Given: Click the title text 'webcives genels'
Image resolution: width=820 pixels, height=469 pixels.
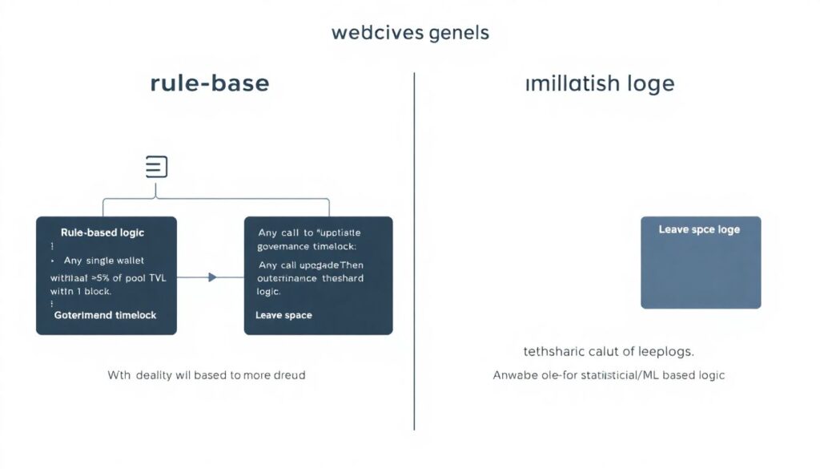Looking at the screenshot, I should [x=409, y=33].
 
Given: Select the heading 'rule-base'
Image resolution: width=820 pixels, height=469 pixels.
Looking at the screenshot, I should [x=210, y=83].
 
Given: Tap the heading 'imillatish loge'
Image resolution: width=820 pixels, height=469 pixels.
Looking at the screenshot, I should [x=600, y=83].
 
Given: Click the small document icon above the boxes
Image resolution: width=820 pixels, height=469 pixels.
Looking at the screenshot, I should [x=157, y=167].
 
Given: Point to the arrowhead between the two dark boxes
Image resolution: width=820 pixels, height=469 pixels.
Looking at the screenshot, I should [x=212, y=277].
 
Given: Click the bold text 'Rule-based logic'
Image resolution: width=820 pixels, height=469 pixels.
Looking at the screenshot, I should [x=102, y=232].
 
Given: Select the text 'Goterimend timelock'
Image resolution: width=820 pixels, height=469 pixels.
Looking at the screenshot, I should [x=105, y=315].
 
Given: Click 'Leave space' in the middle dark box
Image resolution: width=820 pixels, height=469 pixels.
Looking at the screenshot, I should [x=283, y=315].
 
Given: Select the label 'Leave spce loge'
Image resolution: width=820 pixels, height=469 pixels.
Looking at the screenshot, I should [x=699, y=229].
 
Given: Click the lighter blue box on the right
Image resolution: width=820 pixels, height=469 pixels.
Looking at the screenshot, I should [x=701, y=273].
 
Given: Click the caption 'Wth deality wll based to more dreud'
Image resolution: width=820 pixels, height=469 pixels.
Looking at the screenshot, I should [x=207, y=374].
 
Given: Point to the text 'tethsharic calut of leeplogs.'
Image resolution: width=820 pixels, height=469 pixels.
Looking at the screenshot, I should [x=609, y=351].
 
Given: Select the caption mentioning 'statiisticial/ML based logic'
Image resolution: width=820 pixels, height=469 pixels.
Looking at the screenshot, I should [x=609, y=374].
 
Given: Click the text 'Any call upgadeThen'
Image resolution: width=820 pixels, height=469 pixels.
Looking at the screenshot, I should [x=311, y=265].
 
